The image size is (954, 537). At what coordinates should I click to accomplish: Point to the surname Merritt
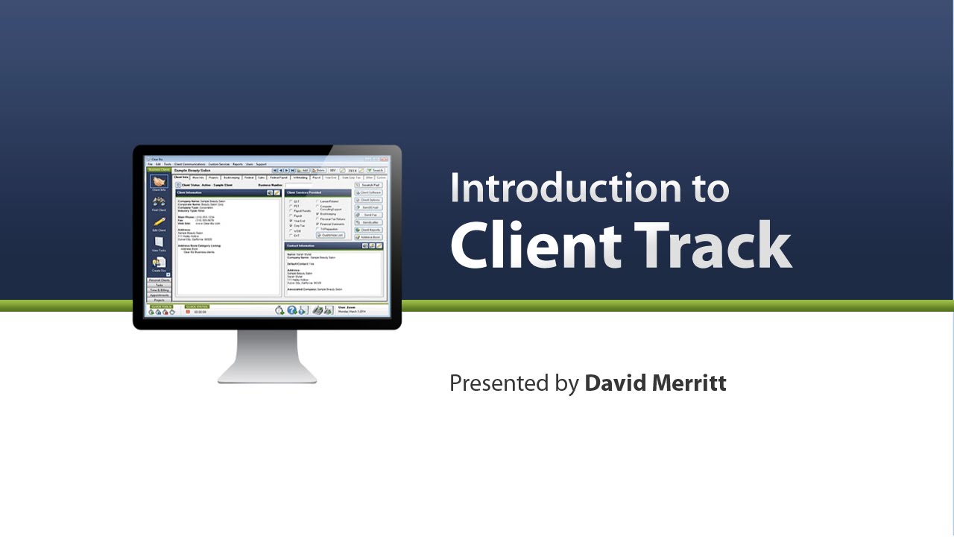pyautogui.click(x=690, y=383)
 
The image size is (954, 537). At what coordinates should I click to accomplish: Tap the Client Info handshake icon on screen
pyautogui.click(x=159, y=182)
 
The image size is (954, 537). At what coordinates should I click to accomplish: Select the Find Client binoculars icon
pyautogui.click(x=159, y=202)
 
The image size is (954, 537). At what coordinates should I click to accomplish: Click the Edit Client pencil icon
pyautogui.click(x=159, y=222)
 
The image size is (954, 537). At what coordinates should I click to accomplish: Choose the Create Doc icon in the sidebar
pyautogui.click(x=159, y=263)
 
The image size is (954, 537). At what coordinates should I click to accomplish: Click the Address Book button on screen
pyautogui.click(x=369, y=237)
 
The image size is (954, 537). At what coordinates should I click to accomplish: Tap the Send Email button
pyautogui.click(x=369, y=207)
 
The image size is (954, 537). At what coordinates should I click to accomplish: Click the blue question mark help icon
pyautogui.click(x=292, y=310)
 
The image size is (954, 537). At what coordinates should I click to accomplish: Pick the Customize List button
pyautogui.click(x=330, y=235)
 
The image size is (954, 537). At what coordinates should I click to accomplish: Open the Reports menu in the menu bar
pyautogui.click(x=237, y=163)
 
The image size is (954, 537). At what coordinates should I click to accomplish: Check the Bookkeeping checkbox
pyautogui.click(x=318, y=213)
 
